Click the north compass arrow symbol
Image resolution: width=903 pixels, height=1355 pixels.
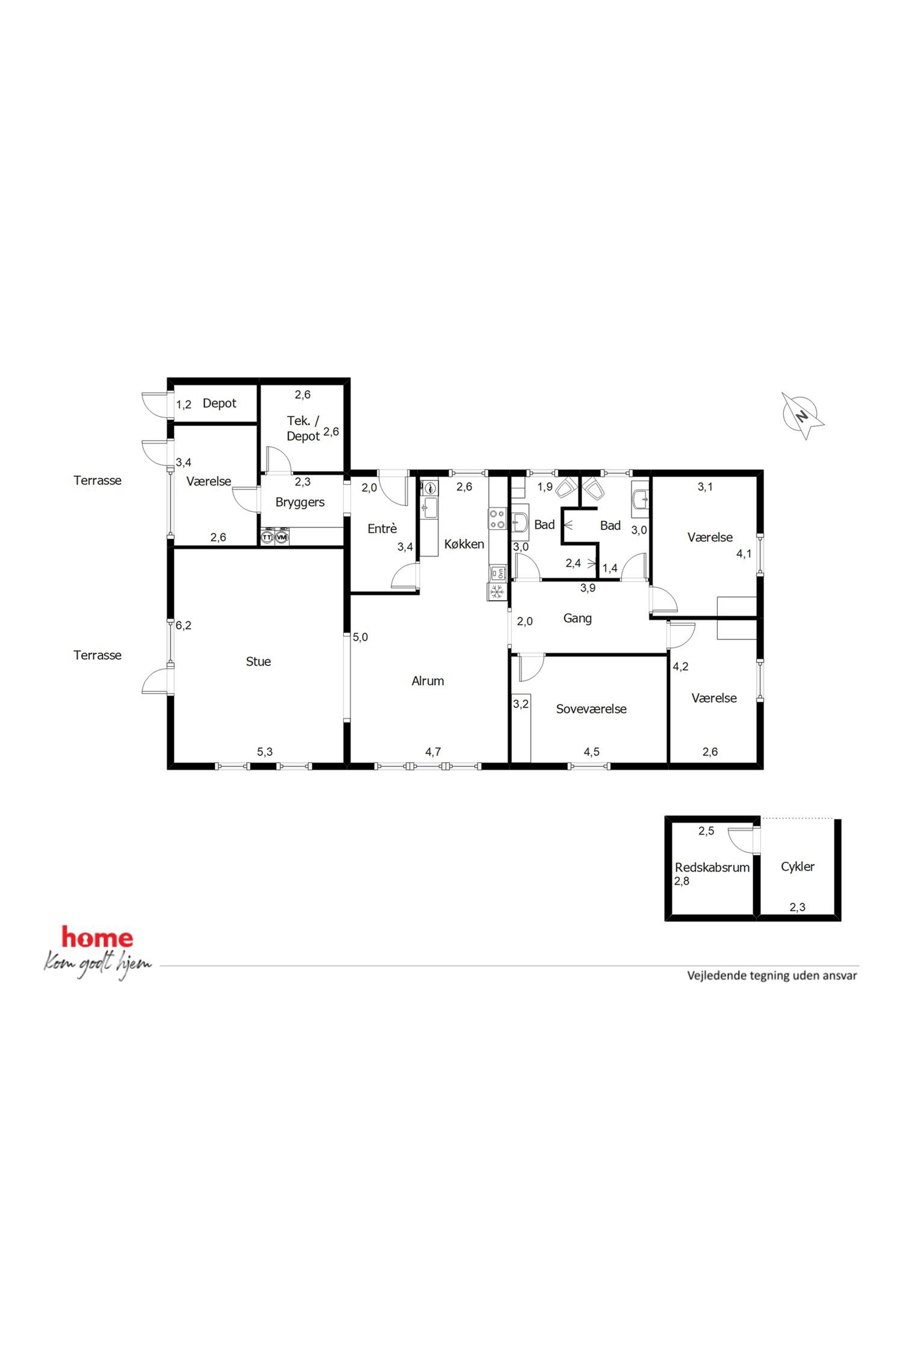click(x=802, y=416)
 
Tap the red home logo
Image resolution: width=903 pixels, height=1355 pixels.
click(x=97, y=937)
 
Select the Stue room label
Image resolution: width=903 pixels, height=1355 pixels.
click(x=258, y=662)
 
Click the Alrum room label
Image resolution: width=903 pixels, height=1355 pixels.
click(x=427, y=681)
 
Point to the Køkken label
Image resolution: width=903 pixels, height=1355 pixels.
click(x=464, y=544)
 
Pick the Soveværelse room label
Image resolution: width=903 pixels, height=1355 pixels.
click(x=591, y=709)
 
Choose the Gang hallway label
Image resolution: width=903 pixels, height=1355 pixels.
click(x=577, y=619)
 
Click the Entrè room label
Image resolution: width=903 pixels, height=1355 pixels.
click(x=382, y=528)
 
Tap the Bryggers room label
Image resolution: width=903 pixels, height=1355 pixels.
click(x=299, y=502)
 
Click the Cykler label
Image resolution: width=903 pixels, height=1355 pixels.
click(x=797, y=866)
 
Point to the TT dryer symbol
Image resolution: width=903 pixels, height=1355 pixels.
click(x=267, y=537)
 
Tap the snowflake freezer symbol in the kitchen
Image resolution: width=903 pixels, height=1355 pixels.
click(x=497, y=591)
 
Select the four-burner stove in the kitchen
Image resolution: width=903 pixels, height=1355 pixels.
click(x=497, y=519)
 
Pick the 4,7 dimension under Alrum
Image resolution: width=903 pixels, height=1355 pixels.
click(x=433, y=752)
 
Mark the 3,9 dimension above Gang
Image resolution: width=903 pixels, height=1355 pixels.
click(x=588, y=588)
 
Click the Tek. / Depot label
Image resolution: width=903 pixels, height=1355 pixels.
click(x=303, y=428)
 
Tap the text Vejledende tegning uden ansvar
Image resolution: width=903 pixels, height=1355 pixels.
click(x=772, y=976)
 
